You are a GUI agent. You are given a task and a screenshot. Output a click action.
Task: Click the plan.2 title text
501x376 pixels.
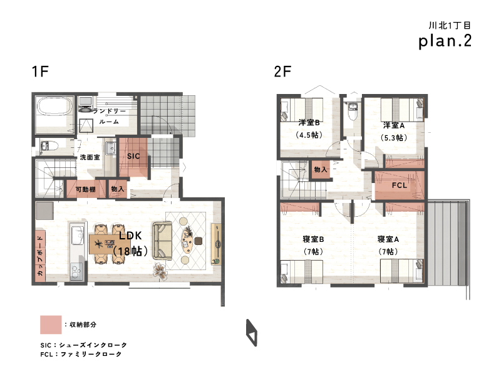coord(445,41)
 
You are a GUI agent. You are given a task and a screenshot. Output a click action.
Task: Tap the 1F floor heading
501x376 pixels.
coord(40,71)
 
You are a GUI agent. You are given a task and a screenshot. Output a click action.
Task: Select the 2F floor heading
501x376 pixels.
coord(282,71)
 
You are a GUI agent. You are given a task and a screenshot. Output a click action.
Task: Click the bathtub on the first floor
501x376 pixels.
coord(54,106)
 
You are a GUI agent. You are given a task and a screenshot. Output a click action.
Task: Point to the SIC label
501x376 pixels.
coord(133,156)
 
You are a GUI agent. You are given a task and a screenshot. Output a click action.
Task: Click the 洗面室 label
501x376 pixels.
coord(90,157)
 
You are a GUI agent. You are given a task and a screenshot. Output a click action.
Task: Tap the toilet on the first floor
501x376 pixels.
coord(49,146)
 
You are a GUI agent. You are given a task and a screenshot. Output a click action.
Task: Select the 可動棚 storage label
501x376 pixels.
coord(86,189)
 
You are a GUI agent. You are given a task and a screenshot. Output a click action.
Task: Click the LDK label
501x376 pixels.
coord(130,236)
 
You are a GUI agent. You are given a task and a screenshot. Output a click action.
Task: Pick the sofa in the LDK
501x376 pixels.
coord(162,241)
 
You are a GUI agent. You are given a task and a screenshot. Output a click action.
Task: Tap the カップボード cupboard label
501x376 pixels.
coord(40,256)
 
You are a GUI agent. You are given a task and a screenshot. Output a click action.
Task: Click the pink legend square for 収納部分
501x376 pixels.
coord(51,325)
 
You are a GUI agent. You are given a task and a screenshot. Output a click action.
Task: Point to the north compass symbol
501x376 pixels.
coord(252,333)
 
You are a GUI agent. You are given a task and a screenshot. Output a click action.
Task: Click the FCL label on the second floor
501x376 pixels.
coord(400,185)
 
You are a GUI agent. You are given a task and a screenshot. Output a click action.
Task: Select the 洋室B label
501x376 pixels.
coord(309,122)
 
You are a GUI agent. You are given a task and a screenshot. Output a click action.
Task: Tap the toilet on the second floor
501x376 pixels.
coord(353,111)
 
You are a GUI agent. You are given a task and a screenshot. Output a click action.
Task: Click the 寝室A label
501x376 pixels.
coord(388,239)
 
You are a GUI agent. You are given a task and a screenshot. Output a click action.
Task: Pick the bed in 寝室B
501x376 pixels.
coord(302,272)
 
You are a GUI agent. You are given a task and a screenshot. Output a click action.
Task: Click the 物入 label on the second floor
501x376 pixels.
coord(321,169)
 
